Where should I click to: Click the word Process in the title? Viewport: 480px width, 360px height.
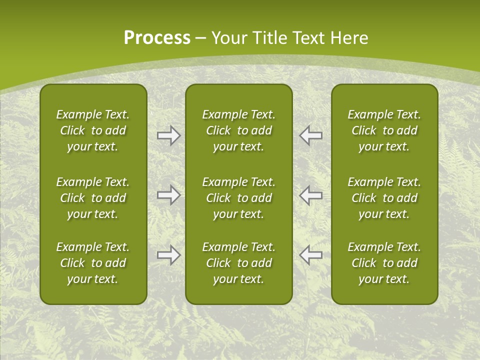tap(157, 38)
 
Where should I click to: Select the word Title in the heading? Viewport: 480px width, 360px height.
tap(269, 38)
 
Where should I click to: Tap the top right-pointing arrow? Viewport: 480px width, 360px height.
tap(168, 135)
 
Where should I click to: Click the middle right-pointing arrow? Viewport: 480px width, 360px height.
tap(168, 195)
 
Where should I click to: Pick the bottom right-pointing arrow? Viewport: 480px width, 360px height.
tap(168, 255)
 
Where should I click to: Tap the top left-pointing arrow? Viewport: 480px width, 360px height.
tap(310, 135)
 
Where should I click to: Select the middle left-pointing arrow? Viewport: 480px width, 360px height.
tap(310, 195)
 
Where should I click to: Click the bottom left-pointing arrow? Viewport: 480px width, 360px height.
tap(310, 255)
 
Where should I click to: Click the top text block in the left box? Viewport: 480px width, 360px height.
tap(93, 130)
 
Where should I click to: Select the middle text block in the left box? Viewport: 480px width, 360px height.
tap(93, 198)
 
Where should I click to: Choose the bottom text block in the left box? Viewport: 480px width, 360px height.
tap(93, 263)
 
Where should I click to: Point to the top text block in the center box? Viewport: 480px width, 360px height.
tap(238, 130)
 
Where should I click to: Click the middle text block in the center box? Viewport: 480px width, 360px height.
tap(238, 198)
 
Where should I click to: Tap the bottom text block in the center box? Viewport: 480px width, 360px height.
tap(238, 263)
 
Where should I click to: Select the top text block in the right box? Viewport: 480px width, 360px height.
tap(384, 130)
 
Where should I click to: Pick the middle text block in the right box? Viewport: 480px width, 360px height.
tap(384, 198)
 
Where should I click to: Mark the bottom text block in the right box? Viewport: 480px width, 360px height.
tap(384, 263)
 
